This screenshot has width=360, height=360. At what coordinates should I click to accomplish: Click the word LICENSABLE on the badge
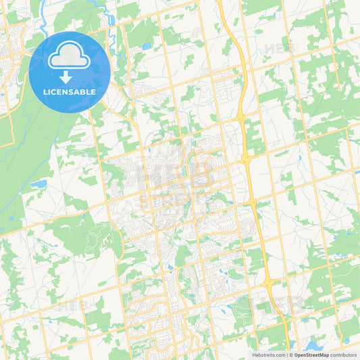[70, 93]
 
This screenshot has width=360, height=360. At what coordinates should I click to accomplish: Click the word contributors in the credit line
[344, 355]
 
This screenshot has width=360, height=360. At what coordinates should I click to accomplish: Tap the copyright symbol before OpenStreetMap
[291, 355]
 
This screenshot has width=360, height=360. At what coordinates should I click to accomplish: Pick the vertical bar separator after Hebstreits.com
[287, 355]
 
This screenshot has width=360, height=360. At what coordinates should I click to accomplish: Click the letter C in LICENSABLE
[55, 93]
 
